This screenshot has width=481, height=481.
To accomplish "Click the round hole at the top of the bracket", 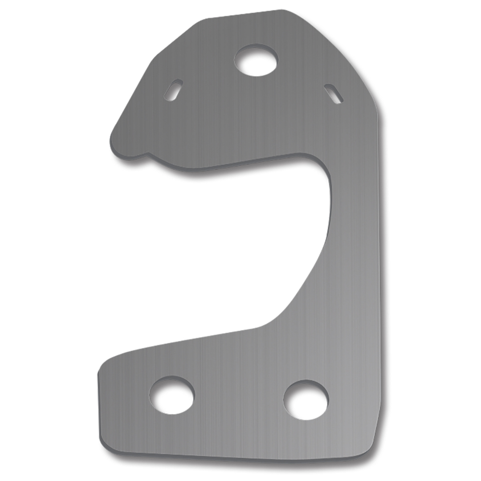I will [256, 60].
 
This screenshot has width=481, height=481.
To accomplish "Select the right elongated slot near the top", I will [333, 94].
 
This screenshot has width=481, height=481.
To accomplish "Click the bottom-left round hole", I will [171, 395].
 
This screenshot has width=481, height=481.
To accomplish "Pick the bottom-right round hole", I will [306, 399].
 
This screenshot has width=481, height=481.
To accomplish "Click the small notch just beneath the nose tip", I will [145, 154].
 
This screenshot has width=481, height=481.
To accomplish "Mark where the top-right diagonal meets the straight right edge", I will [379, 111].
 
